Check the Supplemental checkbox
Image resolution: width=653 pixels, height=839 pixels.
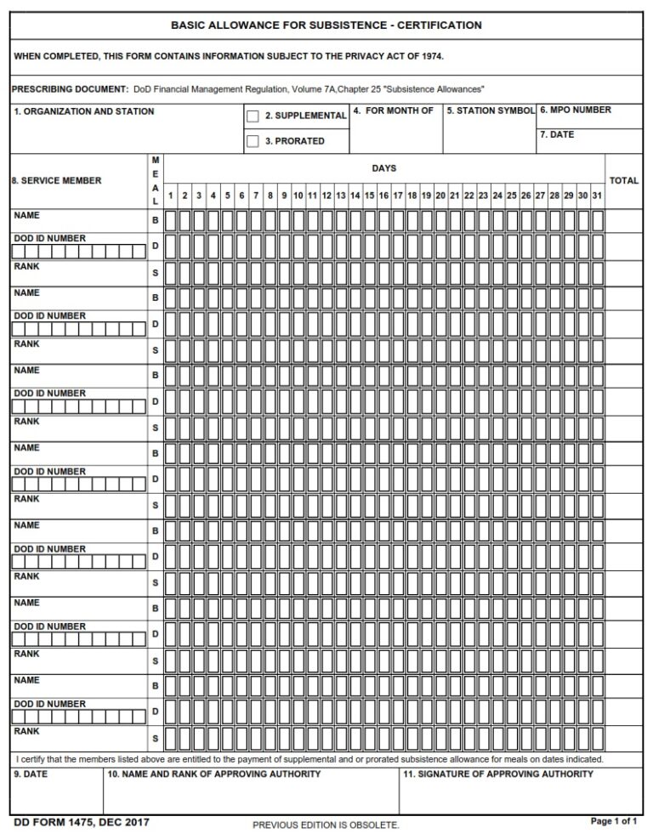(x=253, y=116)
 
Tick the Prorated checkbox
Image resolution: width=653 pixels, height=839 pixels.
(x=253, y=142)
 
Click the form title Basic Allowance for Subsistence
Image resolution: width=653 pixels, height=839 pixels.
(x=326, y=26)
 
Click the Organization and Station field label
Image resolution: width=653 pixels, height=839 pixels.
(x=84, y=111)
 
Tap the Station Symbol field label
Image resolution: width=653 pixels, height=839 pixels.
(x=491, y=111)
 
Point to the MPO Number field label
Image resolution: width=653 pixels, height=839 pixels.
(x=576, y=111)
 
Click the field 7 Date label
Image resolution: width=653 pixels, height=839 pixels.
(x=557, y=135)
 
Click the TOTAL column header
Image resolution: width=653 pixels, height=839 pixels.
(x=624, y=181)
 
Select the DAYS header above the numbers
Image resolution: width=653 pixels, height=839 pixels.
(x=383, y=168)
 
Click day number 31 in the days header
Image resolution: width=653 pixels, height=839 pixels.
(x=597, y=196)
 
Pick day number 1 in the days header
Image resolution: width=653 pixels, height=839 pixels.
(x=171, y=196)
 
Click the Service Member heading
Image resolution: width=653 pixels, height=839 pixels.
(x=56, y=180)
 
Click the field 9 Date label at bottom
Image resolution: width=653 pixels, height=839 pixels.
(x=30, y=774)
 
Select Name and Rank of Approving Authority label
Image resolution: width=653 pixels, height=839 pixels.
(x=214, y=774)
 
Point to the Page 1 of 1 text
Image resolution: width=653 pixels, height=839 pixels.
(x=613, y=821)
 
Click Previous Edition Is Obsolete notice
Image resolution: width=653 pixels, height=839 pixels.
(x=326, y=825)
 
